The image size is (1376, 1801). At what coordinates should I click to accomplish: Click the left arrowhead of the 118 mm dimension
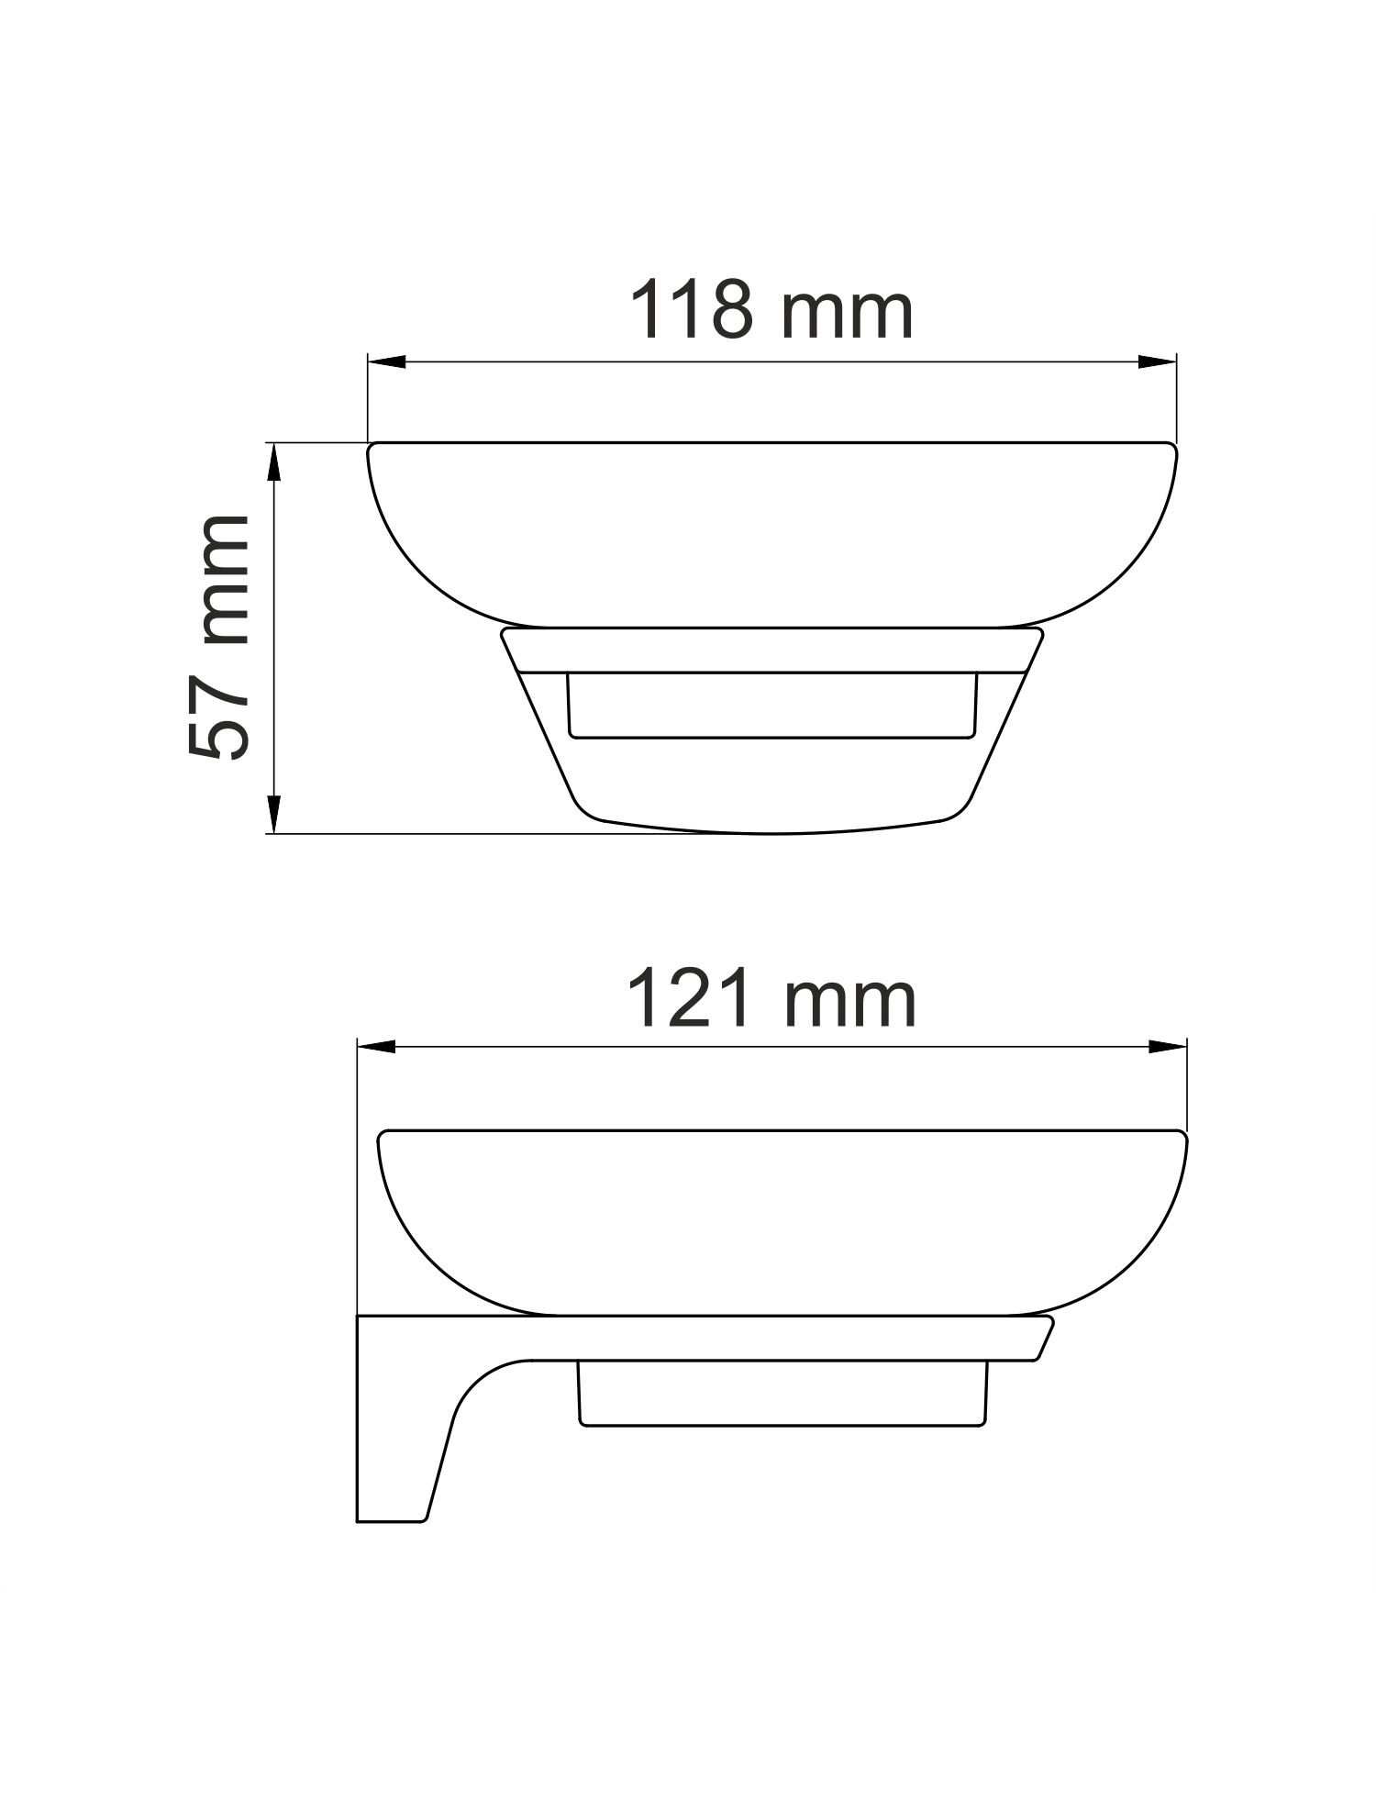[x=386, y=362]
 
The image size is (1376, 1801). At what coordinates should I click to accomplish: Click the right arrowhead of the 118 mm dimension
[x=1158, y=362]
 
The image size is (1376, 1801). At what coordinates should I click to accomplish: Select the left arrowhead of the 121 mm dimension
[x=376, y=1047]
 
